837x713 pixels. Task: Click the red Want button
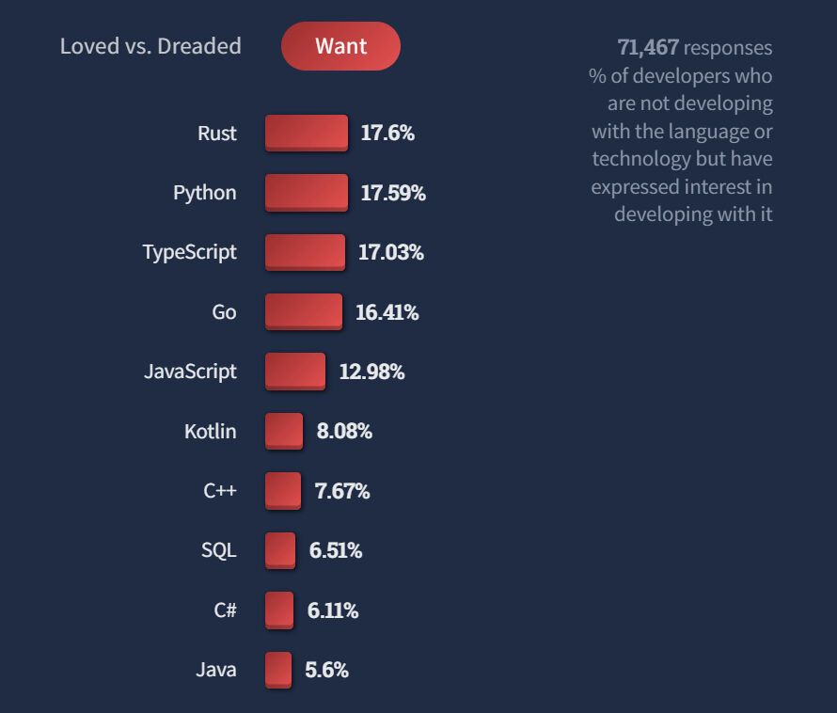(x=340, y=46)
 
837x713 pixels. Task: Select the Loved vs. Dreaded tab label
(x=150, y=46)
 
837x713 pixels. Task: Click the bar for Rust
(x=307, y=133)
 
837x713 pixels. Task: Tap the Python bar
(x=307, y=193)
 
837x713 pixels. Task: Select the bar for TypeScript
(x=305, y=252)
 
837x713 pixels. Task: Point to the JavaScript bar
(x=295, y=372)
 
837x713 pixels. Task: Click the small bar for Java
(x=278, y=670)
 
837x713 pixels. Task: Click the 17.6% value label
(x=387, y=133)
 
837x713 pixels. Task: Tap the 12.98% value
(x=371, y=372)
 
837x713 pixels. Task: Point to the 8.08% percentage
(x=344, y=432)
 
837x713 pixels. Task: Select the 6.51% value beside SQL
(x=336, y=550)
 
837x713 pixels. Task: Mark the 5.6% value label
(x=326, y=670)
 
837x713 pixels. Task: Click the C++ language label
(x=220, y=491)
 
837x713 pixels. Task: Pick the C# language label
(x=225, y=610)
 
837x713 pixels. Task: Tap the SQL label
(x=219, y=550)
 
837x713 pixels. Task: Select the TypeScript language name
(x=189, y=252)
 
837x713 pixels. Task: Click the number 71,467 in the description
(x=648, y=47)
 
